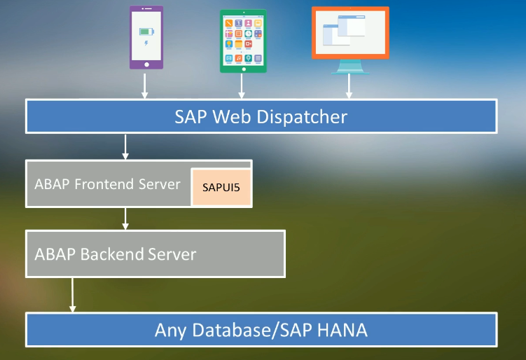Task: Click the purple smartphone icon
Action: [x=146, y=38]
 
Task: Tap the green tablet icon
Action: [x=243, y=41]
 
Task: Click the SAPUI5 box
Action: [x=221, y=187]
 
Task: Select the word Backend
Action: [x=112, y=254]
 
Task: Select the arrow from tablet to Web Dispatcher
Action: [x=242, y=85]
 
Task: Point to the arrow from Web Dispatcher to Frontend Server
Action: [x=125, y=146]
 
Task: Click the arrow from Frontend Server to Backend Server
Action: [x=125, y=218]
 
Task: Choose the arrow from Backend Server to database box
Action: [x=71, y=294]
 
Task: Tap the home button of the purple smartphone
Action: [x=146, y=64]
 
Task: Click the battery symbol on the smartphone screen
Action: [x=146, y=32]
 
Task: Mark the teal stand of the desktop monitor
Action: [x=349, y=67]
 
